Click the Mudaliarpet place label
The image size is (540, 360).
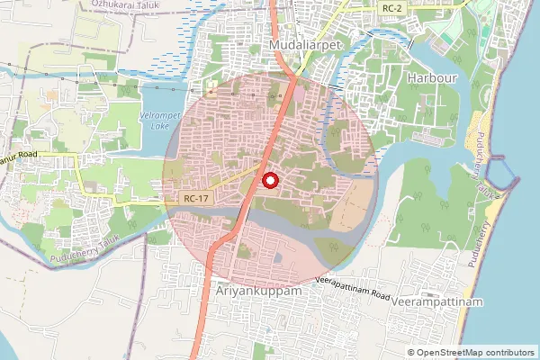pos(301,43)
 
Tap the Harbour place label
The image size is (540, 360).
pos(427,78)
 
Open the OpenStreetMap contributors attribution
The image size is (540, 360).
pos(471,352)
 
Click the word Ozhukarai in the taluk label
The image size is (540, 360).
pos(111,4)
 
